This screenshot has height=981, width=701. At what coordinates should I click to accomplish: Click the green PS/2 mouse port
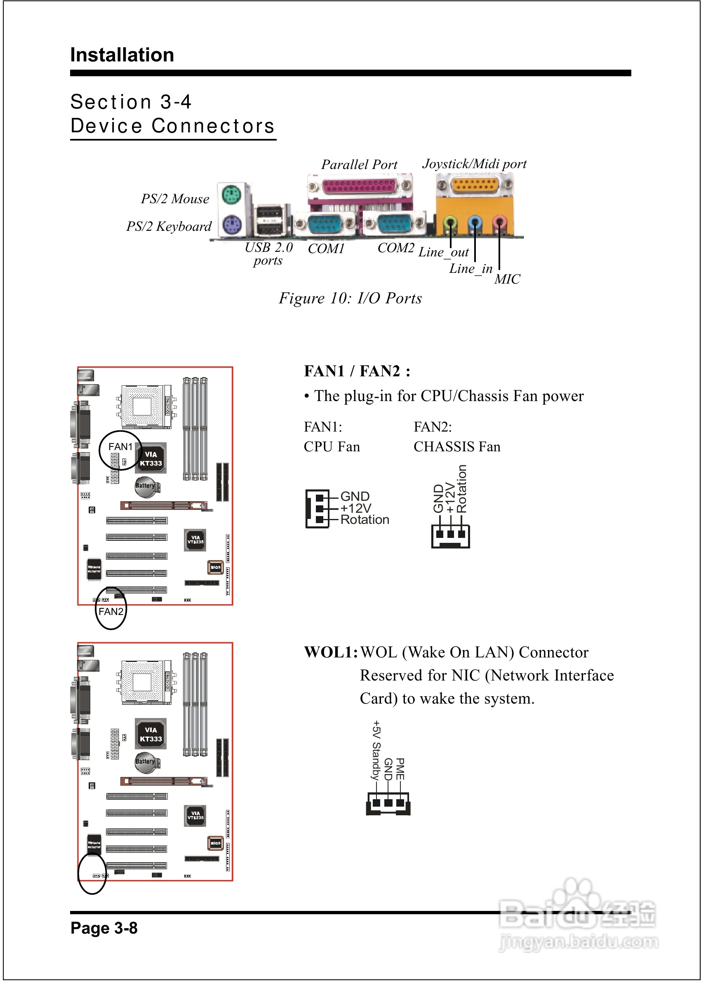pyautogui.click(x=231, y=195)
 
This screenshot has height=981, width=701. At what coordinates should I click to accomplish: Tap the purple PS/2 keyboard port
pyautogui.click(x=231, y=224)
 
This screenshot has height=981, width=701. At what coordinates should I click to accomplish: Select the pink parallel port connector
pyautogui.click(x=359, y=186)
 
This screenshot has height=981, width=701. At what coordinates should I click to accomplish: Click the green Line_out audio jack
pyautogui.click(x=450, y=223)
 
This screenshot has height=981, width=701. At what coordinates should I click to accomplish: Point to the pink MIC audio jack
pyautogui.click(x=499, y=223)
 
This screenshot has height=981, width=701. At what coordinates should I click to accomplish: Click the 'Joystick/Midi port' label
pyautogui.click(x=474, y=164)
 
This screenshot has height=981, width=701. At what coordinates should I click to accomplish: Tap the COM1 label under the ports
pyautogui.click(x=326, y=249)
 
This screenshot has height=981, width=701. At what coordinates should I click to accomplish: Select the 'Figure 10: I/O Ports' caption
pyautogui.click(x=350, y=298)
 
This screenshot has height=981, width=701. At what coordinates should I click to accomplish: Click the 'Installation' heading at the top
pyautogui.click(x=122, y=55)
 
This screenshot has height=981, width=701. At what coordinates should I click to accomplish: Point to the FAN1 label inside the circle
pyautogui.click(x=120, y=447)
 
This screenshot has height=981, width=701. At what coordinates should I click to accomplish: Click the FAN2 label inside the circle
pyautogui.click(x=111, y=612)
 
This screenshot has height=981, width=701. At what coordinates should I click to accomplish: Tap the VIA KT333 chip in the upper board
pyautogui.click(x=151, y=459)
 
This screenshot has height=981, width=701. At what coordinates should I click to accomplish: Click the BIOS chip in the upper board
pyautogui.click(x=215, y=567)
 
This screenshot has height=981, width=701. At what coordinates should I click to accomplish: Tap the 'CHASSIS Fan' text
pyautogui.click(x=457, y=447)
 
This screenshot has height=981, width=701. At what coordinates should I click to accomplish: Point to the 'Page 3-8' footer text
pyautogui.click(x=104, y=928)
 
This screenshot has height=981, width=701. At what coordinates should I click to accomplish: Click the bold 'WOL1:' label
pyautogui.click(x=331, y=652)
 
